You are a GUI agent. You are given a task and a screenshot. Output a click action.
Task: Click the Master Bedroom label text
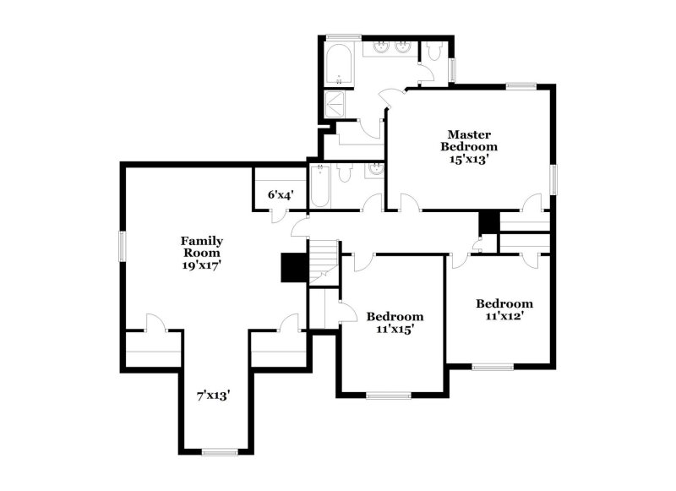point(469,140)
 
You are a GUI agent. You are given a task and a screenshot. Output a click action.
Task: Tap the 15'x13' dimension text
point(469,160)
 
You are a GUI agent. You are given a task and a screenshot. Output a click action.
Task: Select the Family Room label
point(202,247)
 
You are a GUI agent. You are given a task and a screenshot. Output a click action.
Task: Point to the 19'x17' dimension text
point(202,265)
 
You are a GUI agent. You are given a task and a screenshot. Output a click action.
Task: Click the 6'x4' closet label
point(281,195)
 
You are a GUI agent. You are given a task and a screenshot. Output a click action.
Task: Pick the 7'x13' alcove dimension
point(214,396)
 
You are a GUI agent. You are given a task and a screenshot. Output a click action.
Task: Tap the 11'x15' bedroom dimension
point(395,330)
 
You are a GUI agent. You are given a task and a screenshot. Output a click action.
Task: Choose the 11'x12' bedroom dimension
point(504,316)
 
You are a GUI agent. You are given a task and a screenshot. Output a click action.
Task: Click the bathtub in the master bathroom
point(339,65)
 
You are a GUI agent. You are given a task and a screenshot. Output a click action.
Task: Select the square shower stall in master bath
point(335,104)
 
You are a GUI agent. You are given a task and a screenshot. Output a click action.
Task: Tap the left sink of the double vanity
point(382,47)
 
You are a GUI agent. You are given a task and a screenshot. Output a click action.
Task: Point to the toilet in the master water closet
point(433,50)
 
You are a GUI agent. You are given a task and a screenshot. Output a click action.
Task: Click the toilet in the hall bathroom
point(345,174)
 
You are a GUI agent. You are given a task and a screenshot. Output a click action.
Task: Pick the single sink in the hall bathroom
point(374,169)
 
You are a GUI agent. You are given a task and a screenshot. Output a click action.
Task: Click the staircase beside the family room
point(324,262)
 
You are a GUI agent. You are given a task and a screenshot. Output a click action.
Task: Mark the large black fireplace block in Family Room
point(294,267)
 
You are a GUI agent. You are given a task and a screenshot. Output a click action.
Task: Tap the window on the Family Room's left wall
point(123,246)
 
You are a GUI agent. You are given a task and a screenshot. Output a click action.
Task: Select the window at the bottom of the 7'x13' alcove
point(220,452)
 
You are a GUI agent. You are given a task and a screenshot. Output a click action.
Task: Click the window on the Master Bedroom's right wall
point(553,179)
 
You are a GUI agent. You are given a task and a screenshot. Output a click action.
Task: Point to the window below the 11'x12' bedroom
point(493,368)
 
